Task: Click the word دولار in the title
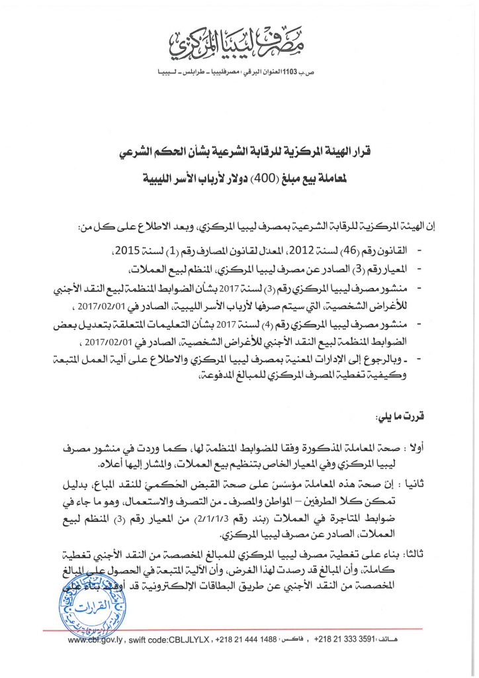point(199,178)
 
